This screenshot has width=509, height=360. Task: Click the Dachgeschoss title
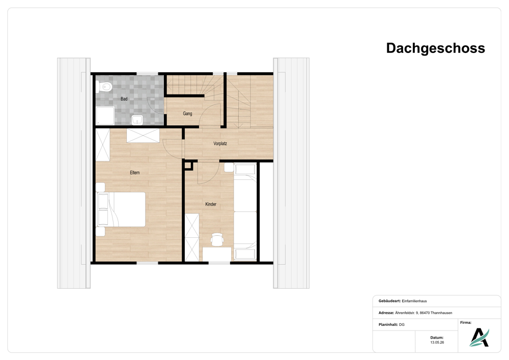coord(435,48)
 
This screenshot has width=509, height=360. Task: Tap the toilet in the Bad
coord(104,87)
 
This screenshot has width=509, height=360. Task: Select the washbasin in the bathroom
coord(137,120)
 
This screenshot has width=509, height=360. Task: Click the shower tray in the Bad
coord(105,116)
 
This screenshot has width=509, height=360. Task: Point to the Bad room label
coord(124,99)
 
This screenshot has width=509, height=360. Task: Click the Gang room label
coord(187,113)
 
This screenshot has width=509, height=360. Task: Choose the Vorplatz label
coord(220,143)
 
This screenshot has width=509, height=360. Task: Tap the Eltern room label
coord(135,173)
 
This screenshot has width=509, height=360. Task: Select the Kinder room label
coord(211,204)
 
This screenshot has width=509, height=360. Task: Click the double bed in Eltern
coord(121,209)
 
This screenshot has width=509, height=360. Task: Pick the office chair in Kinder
coord(217,239)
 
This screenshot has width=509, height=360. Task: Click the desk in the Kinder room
coord(217,254)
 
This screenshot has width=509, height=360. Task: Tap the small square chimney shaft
coord(188,165)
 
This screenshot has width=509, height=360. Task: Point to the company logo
coord(479,338)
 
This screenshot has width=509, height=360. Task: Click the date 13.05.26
coord(437,342)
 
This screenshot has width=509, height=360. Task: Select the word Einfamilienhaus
coord(414,301)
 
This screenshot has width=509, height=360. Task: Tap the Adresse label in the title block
coord(386,313)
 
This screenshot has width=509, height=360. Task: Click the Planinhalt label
coord(388,324)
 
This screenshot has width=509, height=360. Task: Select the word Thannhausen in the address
coord(441,313)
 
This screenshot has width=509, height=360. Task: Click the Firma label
coord(466,322)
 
